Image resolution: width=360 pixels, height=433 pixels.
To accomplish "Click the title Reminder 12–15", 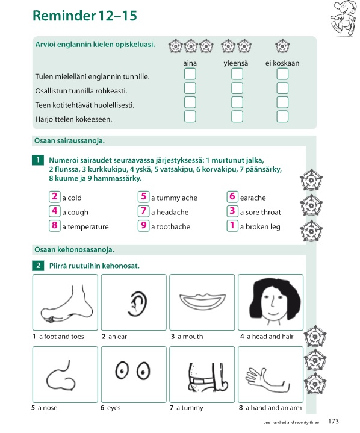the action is click(85, 16).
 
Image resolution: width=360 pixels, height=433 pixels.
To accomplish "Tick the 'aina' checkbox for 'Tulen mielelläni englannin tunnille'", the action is click(190, 74).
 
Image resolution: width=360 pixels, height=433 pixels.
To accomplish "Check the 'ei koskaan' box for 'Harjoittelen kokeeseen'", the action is click(282, 116).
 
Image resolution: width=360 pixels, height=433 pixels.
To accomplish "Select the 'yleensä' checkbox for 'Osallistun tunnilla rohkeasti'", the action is click(237, 88).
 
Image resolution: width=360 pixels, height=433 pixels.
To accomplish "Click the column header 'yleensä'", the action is click(236, 63).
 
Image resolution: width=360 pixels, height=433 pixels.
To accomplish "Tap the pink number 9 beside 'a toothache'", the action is click(143, 225).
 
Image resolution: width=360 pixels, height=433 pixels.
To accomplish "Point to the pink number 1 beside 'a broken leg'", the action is click(232, 225).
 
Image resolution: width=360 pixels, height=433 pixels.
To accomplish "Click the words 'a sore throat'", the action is click(260, 212).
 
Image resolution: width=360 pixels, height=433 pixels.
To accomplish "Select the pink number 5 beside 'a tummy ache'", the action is click(143, 196).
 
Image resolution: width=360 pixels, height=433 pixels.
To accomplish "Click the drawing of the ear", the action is click(137, 304).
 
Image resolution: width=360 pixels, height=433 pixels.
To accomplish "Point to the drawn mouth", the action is click(202, 301).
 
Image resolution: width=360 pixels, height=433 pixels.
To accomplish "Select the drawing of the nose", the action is click(61, 376).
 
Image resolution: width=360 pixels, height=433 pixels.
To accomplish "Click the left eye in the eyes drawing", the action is click(122, 370).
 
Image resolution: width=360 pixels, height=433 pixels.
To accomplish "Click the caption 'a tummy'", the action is click(190, 408).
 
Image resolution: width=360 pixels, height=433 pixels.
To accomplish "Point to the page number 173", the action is click(334, 421).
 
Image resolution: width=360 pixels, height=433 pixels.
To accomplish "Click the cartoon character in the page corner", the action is click(344, 18).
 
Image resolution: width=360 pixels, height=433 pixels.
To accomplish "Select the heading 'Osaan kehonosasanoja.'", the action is click(74, 250).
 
